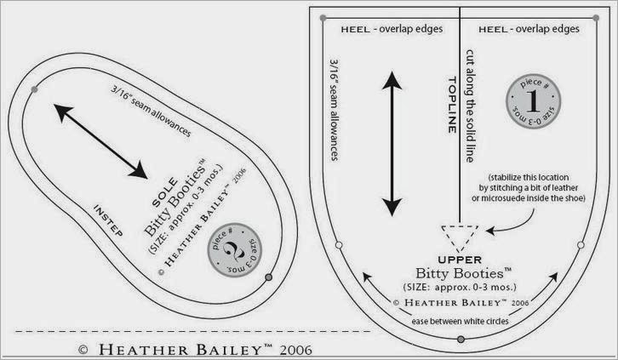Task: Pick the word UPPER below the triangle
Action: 460,259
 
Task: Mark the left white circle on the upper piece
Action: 339,245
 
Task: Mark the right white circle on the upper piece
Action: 581,245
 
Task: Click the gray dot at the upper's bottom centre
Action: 461,340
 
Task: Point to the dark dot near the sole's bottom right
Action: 270,277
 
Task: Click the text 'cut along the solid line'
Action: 469,106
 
